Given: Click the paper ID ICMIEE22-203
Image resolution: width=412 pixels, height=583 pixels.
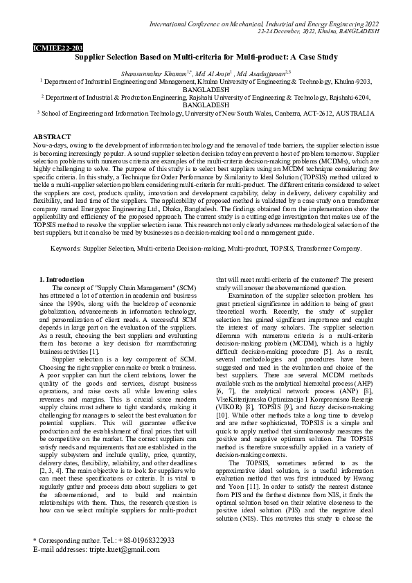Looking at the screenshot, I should (x=57, y=48).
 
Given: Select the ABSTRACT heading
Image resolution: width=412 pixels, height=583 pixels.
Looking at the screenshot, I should (x=52, y=138).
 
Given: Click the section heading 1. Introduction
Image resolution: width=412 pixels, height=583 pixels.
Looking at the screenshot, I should (x=64, y=278).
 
